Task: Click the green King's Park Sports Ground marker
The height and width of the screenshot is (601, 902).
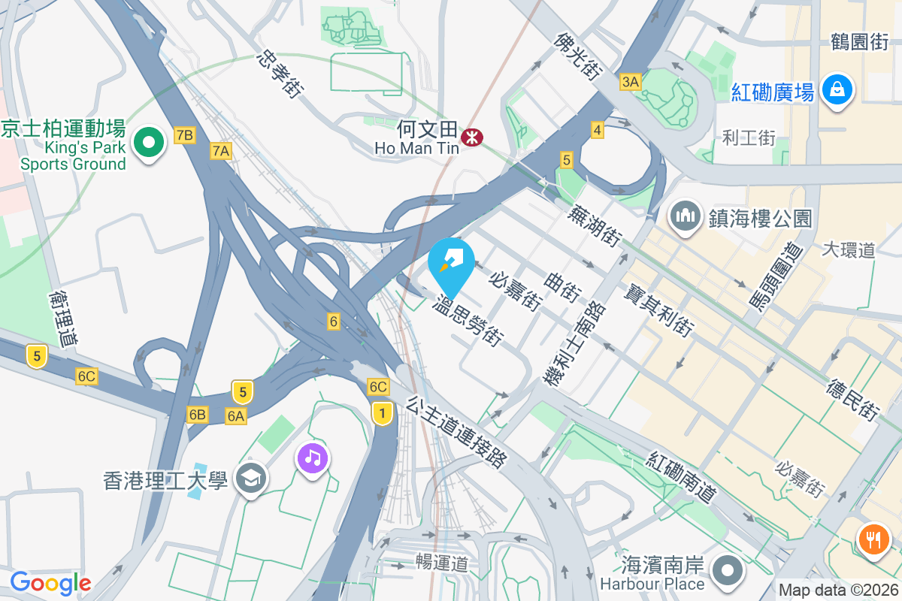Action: point(150,143)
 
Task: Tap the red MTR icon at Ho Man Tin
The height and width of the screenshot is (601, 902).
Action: point(473,137)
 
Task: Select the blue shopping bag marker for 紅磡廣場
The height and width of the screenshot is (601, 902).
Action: point(835,89)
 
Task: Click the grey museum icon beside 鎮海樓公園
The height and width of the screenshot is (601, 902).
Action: point(685,217)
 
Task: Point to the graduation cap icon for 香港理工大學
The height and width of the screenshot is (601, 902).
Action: point(250,479)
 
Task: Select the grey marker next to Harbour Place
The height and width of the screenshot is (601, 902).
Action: point(728,571)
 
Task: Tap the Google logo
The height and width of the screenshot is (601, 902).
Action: point(50,583)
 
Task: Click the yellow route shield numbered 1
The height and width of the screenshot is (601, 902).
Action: point(383,412)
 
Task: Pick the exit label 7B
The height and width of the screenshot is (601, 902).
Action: point(184,135)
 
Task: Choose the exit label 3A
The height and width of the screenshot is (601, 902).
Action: point(630,81)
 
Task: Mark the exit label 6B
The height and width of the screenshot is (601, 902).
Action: point(198,415)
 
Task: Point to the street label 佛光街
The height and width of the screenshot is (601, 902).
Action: point(579,56)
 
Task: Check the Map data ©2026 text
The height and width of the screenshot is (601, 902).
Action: point(838,590)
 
